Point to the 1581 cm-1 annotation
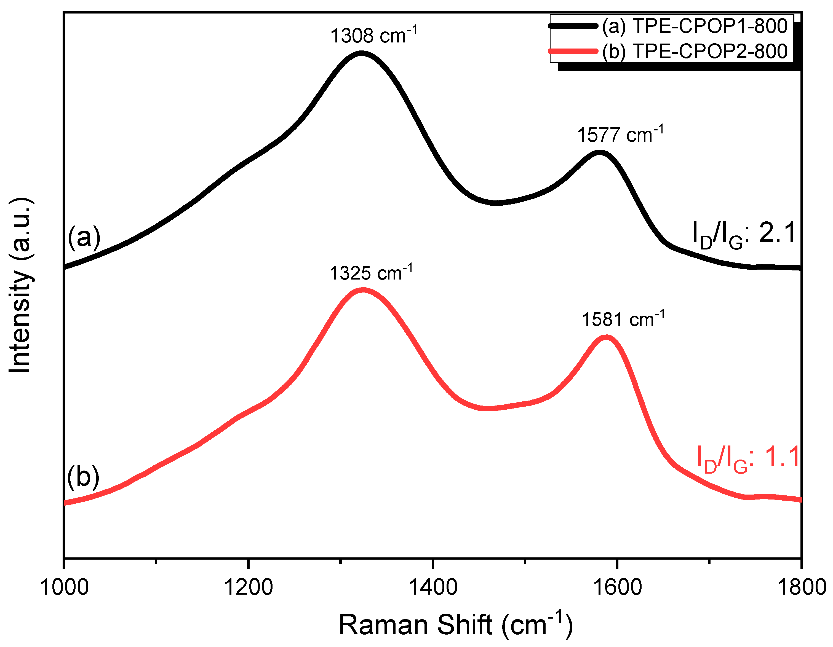[623, 319]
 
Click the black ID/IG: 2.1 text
[744, 235]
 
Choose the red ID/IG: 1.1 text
[747, 458]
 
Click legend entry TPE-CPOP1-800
[695, 26]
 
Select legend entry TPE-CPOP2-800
[695, 51]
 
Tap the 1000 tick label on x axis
[64, 587]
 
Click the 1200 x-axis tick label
[248, 587]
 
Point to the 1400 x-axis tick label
[432, 587]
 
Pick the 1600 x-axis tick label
[617, 587]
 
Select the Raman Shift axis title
[455, 624]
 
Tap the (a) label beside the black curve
[84, 237]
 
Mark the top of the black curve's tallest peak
[361, 53]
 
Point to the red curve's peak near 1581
[606, 337]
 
